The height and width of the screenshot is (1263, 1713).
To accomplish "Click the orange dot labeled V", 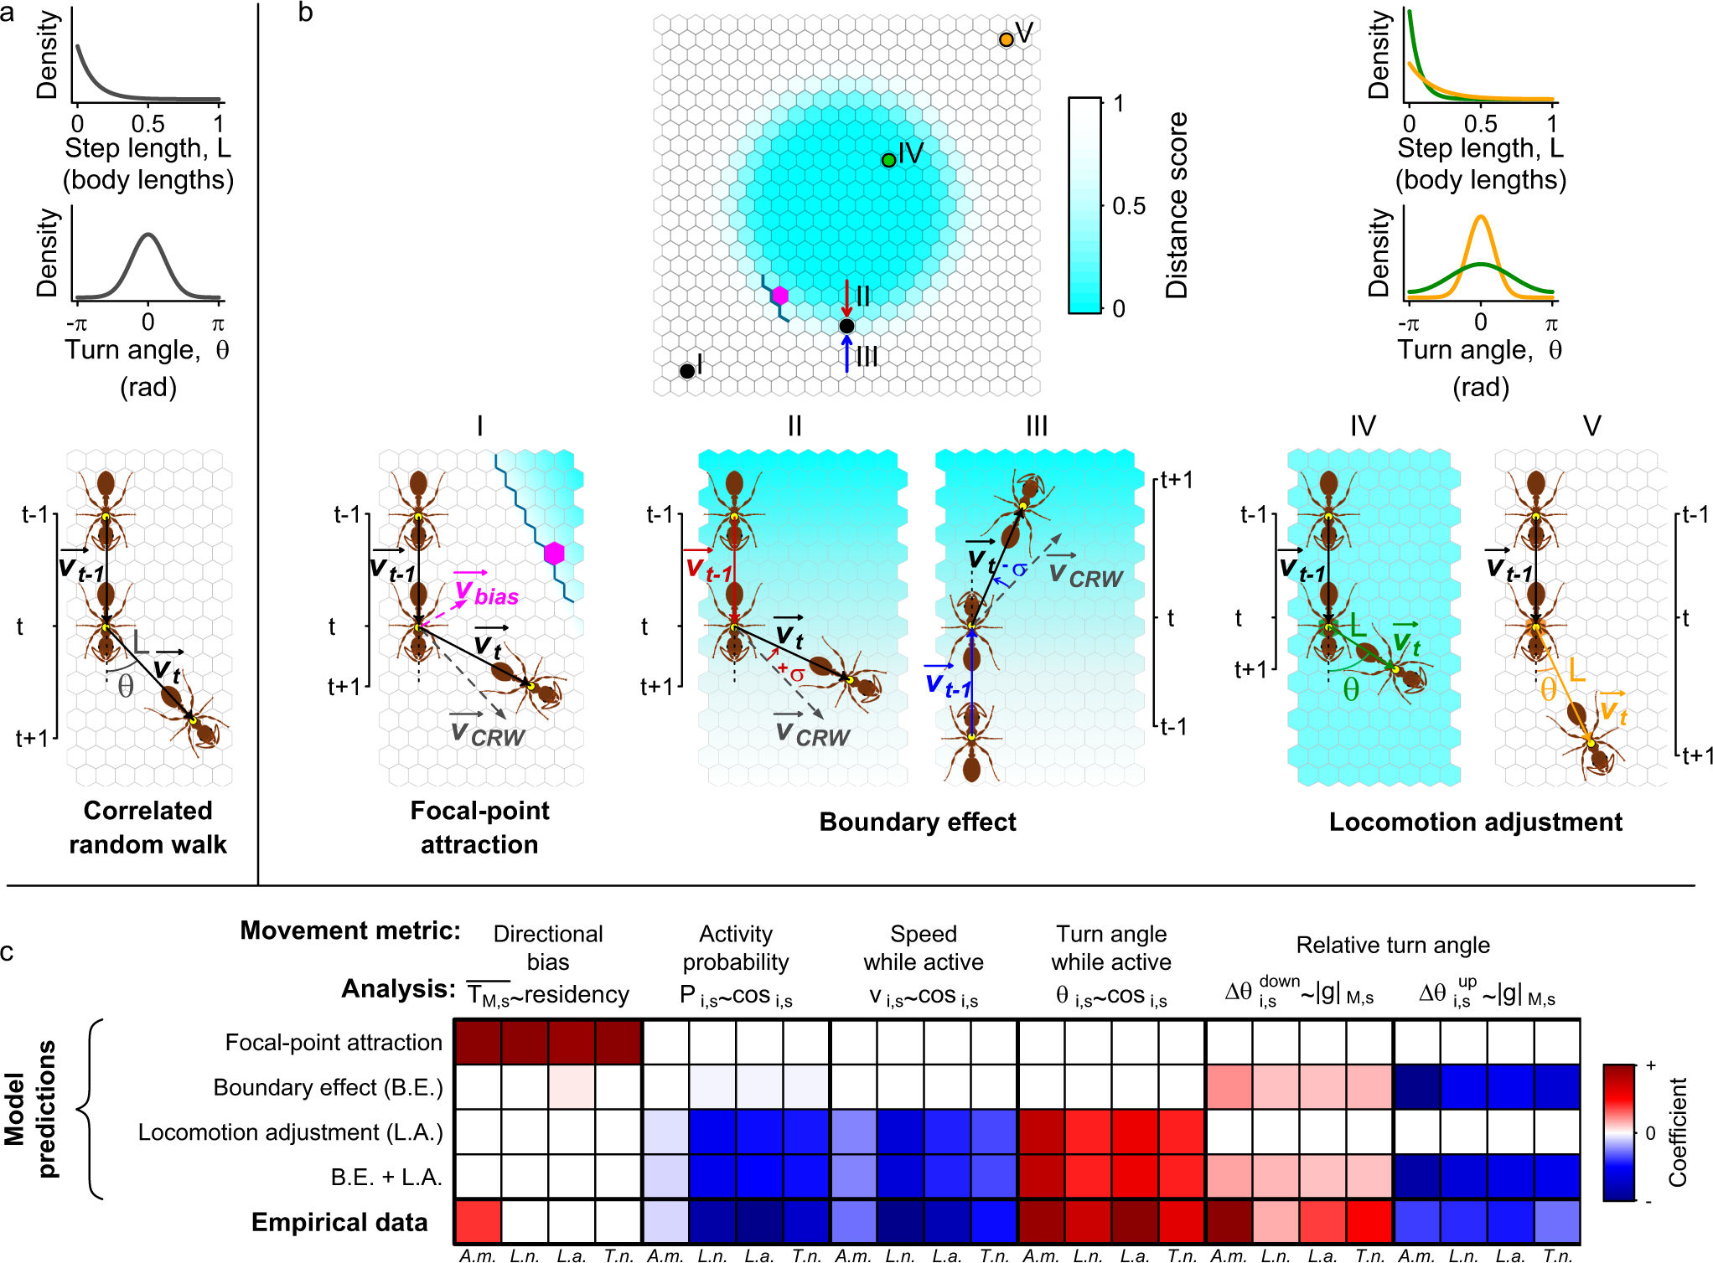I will pos(1006,39).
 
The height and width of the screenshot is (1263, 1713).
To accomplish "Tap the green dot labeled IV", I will pos(888,160).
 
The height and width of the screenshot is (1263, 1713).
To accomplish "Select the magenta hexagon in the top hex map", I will pos(780,295).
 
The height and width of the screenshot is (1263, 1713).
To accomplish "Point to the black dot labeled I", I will pos(687,370).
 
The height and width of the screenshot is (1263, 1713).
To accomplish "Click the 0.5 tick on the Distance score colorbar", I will pos(1128,206).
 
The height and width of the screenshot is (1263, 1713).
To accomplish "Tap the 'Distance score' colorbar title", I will pos(1177,205).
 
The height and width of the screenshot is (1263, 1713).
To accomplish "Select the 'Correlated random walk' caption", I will pos(147,827).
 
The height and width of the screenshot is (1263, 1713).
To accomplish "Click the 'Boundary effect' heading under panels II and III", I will pos(917,822).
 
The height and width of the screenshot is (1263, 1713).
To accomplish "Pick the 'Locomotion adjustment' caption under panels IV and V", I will pos(1475,822).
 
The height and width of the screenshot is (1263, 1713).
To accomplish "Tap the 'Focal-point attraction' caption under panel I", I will pos(479,827).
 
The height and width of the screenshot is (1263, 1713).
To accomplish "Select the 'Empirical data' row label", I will pos(339,1222).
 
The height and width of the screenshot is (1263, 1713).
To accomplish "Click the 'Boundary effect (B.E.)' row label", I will pos(328,1087).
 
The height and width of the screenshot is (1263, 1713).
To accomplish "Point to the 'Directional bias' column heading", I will pos(547,947).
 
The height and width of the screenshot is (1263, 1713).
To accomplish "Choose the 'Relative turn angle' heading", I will pos(1393,945).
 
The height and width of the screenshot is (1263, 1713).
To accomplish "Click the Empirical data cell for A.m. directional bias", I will pos(478,1222).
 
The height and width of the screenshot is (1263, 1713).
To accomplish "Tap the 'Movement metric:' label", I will pos(350,930).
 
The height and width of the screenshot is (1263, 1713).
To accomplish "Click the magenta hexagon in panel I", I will pos(554,553).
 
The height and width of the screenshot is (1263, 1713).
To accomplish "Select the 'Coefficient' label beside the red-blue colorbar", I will pos(1676,1132).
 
